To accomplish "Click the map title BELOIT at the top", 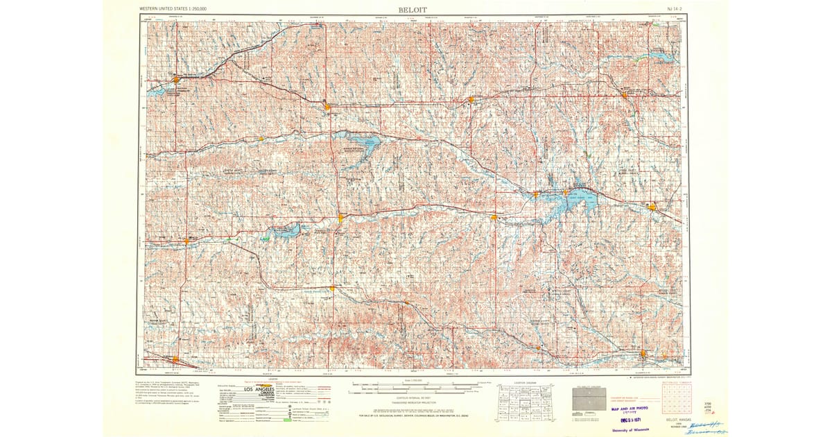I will pos(413,9).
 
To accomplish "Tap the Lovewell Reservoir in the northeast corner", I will pos(655,58).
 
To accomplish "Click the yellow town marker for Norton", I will pos(177,78).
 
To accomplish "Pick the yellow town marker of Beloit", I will pos(652,206).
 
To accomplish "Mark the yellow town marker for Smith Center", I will pos(471,99).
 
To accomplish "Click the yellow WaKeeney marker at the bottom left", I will pos(175,359).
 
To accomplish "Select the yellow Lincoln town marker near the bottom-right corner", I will pos(643,354).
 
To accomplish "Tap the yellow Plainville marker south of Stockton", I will pos(332,287).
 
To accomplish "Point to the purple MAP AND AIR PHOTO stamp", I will pos(633,409).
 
